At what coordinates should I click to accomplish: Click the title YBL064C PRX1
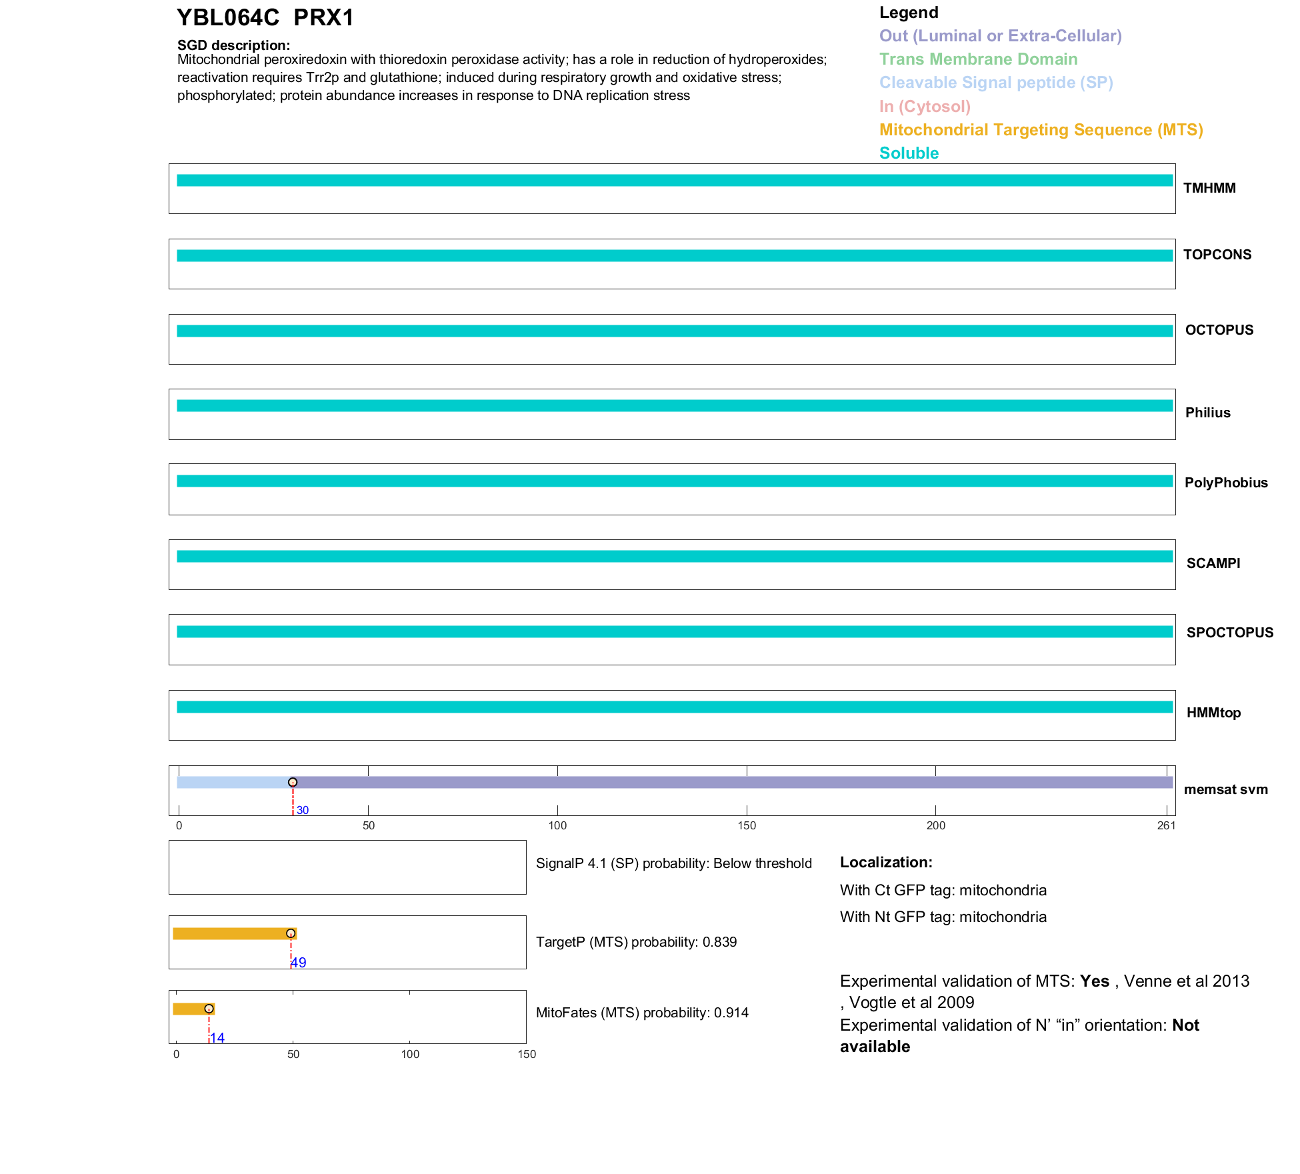[265, 18]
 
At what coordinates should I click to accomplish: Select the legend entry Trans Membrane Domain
[978, 59]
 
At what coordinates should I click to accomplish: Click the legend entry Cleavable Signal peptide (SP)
[996, 83]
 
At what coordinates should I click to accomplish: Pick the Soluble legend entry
[909, 153]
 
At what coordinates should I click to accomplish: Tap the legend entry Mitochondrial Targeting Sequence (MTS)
[1041, 130]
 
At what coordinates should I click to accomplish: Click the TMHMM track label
[1209, 188]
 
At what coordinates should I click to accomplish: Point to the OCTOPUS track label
[1219, 330]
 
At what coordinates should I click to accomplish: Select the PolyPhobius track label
[1225, 483]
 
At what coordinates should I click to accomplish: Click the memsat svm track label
[1225, 789]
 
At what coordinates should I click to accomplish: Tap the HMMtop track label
[1213, 713]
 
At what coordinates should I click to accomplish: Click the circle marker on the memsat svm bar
[293, 782]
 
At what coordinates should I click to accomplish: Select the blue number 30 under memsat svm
[303, 811]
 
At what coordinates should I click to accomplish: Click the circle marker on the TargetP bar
[291, 933]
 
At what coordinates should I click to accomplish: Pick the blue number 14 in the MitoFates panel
[217, 1038]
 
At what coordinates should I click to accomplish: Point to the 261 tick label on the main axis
[1166, 826]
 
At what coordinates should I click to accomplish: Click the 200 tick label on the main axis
[935, 826]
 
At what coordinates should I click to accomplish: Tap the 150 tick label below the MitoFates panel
[527, 1055]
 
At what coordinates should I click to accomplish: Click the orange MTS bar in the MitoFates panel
[190, 1009]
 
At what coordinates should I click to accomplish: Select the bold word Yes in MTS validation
[1094, 981]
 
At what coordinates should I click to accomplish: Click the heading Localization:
[885, 863]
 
